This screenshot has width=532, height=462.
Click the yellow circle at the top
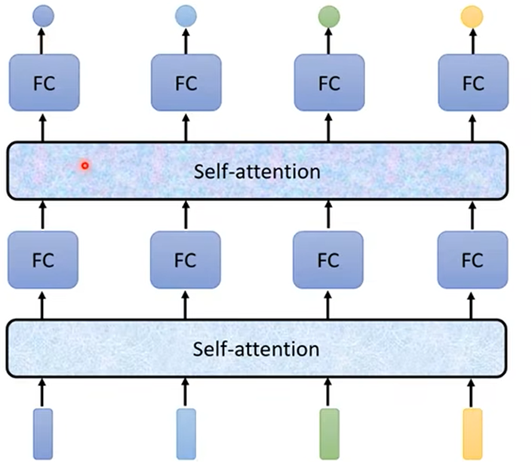pyautogui.click(x=472, y=16)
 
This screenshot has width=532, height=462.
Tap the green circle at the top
pyautogui.click(x=329, y=16)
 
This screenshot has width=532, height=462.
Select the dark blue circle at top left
pyautogui.click(x=43, y=14)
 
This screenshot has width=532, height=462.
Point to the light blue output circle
pyautogui.click(x=186, y=15)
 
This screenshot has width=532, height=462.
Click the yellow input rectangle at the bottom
pyautogui.click(x=472, y=433)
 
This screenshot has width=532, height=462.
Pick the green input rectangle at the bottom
pyautogui.click(x=329, y=433)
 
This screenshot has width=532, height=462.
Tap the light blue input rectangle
pyautogui.click(x=186, y=433)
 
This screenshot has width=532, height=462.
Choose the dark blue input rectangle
pyautogui.click(x=43, y=433)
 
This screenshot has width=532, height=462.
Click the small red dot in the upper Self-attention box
pyautogui.click(x=85, y=165)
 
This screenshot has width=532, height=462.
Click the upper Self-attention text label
pyautogui.click(x=257, y=171)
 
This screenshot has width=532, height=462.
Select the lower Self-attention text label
pyautogui.click(x=257, y=350)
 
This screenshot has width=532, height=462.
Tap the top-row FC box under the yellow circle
pyautogui.click(x=472, y=82)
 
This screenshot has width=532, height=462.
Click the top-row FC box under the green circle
pyautogui.click(x=329, y=82)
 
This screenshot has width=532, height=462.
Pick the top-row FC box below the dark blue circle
pyautogui.click(x=43, y=82)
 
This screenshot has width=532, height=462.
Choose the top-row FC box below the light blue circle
pyautogui.click(x=186, y=82)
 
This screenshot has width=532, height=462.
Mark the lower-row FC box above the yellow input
pyautogui.click(x=472, y=261)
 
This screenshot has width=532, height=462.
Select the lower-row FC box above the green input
pyautogui.click(x=329, y=261)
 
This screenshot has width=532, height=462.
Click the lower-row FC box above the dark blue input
pyautogui.click(x=43, y=261)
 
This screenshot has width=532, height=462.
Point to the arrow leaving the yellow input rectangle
pyautogui.click(x=472, y=392)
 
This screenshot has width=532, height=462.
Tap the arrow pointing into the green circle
pyautogui.click(x=329, y=41)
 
